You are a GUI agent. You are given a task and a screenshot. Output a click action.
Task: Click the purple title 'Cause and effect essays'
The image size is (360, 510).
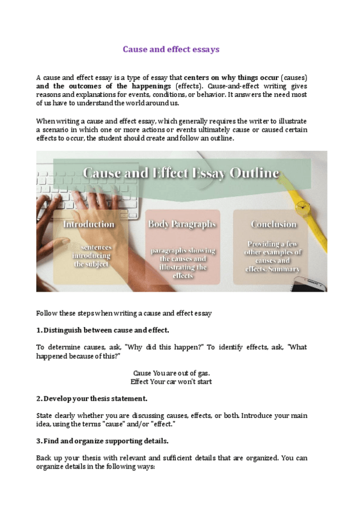(x=171, y=49)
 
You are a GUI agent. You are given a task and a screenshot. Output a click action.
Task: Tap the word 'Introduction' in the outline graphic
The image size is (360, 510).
(x=89, y=224)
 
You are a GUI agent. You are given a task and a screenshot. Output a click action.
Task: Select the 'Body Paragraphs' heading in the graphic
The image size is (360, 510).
(x=182, y=224)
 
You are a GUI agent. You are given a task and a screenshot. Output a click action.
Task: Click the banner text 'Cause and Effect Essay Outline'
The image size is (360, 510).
(x=180, y=174)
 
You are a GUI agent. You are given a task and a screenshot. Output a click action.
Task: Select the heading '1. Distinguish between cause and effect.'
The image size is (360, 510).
(x=103, y=330)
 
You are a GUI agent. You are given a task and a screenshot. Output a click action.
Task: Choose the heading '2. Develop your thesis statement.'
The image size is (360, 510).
(x=91, y=398)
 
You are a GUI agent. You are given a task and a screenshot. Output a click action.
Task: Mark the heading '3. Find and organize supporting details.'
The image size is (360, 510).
(x=102, y=441)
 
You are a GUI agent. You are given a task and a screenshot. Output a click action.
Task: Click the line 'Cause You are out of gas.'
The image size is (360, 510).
(x=171, y=373)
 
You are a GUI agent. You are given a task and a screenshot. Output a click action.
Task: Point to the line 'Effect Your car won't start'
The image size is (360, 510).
(x=171, y=381)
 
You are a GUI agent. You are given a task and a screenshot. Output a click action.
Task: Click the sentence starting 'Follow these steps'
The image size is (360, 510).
(x=124, y=313)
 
